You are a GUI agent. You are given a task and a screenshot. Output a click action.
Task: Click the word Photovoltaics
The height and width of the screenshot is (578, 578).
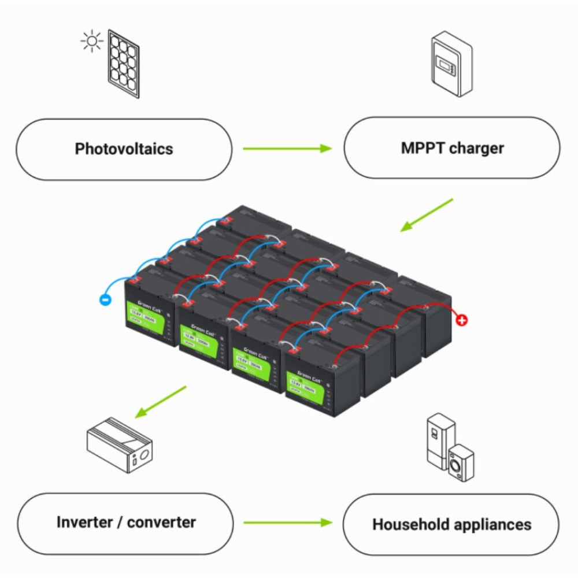coord(124,149)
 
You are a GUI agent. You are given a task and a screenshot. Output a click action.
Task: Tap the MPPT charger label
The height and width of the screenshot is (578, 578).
coord(452,148)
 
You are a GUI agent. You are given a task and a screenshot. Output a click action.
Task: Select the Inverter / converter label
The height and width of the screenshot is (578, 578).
coord(126,523)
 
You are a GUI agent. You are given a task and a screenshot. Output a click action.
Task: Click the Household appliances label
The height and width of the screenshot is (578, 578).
coord(451,525)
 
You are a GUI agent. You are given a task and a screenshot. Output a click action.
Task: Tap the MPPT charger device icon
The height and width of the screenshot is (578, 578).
coord(452,64)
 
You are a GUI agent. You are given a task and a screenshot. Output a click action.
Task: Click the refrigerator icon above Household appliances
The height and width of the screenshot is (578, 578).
coord(439,439)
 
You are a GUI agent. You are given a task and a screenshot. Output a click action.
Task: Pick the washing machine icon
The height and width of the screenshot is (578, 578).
coord(461,462)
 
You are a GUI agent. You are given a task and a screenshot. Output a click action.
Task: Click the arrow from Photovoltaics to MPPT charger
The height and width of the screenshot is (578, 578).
coord(287,149)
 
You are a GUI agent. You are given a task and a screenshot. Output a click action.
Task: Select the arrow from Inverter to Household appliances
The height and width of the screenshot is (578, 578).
coord(287,523)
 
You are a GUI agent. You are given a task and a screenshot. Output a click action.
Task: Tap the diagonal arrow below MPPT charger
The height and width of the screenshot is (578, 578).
coord(427,215)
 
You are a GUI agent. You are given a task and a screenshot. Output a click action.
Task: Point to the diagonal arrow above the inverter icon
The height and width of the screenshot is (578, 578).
coord(161,402)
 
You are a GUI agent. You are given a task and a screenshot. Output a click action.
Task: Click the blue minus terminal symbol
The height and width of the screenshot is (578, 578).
coord(105,300)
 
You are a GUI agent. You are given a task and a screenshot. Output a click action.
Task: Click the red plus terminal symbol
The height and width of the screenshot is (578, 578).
coord(462,320)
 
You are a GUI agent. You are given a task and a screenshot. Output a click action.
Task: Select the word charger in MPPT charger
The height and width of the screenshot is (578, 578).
coord(477,148)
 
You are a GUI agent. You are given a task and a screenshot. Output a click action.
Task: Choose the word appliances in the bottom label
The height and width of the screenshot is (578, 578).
coord(492,525)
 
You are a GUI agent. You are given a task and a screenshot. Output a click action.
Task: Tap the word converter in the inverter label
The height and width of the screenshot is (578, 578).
coord(161,523)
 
